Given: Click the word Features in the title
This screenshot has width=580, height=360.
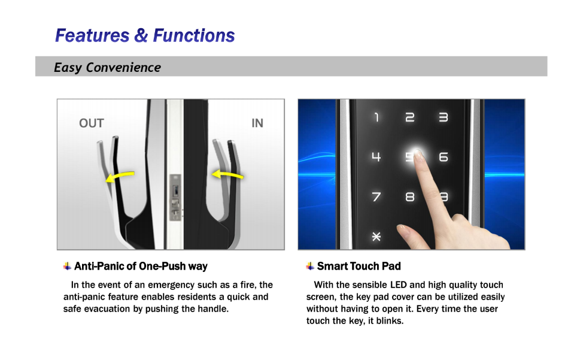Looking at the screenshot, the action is coord(92,35).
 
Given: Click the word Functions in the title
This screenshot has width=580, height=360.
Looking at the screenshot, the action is coord(194,35).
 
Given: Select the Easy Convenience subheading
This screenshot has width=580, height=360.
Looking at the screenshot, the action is coord(107,67).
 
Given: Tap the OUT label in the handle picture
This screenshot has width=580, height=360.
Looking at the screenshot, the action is coord(92,123).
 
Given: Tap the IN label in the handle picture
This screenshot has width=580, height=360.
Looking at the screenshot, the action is coord(257,123).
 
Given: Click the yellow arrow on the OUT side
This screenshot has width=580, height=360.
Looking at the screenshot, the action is coord(120,177).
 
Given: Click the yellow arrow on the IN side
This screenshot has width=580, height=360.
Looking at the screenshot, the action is coord(227,174).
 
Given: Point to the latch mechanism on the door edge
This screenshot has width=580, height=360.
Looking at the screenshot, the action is coord(175,197).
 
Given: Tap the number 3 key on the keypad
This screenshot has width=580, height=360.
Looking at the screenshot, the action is coord(443,117).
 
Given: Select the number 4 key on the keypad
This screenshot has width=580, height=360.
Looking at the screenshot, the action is coord(376,157).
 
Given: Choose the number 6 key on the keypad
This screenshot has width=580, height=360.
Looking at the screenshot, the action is coord(444,157).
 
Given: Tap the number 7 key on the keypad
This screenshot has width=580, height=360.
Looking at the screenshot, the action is coord(376,196).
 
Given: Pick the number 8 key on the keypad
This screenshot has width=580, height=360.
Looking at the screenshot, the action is coord(410,196).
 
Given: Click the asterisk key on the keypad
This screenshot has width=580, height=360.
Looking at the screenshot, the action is coord(376,237).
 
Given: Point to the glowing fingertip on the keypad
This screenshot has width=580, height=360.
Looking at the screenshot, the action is coord(417,153).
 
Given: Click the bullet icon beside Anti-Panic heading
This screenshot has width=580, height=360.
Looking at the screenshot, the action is coord(67,266).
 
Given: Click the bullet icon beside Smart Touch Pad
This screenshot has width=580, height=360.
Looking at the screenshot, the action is coord(310,266).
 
